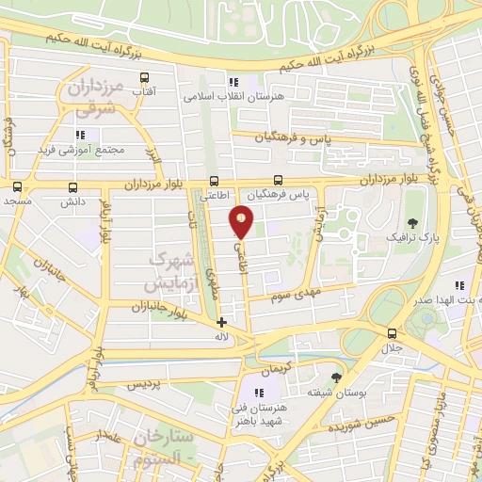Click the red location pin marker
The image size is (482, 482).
click(242, 222)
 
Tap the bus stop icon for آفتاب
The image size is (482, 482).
click(144, 78)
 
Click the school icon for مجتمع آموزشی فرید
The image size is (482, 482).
click(79, 136)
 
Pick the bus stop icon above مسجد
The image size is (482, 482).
click(17, 187)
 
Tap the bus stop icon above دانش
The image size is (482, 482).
click(73, 187)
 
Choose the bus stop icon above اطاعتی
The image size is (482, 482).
click(216, 182)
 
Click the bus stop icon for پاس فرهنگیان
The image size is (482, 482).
click(278, 181)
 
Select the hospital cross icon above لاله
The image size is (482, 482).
click(221, 322)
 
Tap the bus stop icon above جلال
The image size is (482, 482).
click(391, 332)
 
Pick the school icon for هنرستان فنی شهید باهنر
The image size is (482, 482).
click(260, 392)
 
